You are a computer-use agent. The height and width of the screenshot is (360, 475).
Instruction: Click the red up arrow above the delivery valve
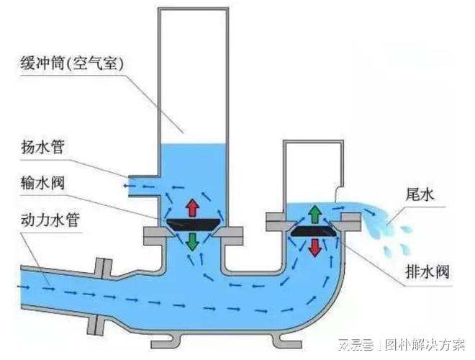[191, 207]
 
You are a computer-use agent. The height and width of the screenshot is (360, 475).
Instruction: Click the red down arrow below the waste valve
[315, 247]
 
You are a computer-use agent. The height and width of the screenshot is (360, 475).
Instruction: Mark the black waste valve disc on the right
[315, 230]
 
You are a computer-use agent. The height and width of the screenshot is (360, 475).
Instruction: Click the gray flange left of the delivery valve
[154, 235]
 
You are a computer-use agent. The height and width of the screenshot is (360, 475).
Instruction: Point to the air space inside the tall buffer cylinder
[191, 72]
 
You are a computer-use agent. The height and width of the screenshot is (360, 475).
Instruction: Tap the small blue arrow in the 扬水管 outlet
[130, 186]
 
